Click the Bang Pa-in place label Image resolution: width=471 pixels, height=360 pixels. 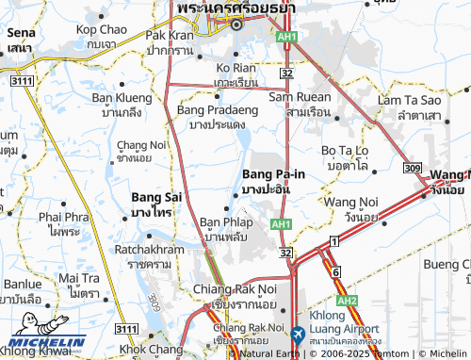pyautogui.click(x=273, y=174)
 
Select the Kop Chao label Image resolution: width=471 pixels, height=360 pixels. pyautogui.click(x=101, y=30)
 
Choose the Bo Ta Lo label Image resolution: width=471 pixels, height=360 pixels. pyautogui.click(x=349, y=150)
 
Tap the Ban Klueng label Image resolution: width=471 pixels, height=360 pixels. pyautogui.click(x=121, y=97)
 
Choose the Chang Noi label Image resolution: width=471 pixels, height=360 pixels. pyautogui.click(x=138, y=143)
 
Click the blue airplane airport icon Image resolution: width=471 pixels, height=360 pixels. pyautogui.click(x=298, y=334)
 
